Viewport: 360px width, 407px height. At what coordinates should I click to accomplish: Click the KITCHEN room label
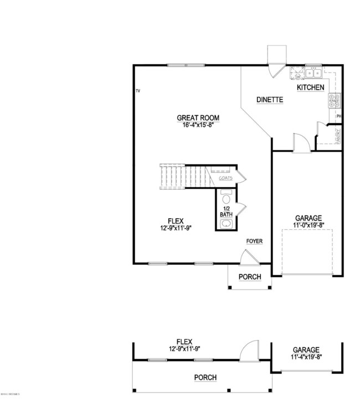(310, 87)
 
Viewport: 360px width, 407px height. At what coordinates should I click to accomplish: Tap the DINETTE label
(270, 100)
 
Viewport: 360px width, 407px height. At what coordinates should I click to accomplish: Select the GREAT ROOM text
(198, 117)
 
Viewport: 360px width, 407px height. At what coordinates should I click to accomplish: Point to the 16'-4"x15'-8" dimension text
(198, 125)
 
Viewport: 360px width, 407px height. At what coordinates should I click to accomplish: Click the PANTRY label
(338, 136)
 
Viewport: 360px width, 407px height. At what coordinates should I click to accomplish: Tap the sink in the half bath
(226, 224)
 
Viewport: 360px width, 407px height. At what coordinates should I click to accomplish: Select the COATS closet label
(225, 178)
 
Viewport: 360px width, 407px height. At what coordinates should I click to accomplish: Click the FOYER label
(254, 241)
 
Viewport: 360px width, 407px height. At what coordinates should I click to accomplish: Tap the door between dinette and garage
(299, 143)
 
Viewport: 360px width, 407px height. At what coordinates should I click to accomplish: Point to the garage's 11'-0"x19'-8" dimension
(308, 225)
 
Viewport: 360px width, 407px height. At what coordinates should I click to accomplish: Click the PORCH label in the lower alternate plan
(205, 378)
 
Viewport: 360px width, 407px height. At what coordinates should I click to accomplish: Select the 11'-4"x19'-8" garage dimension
(306, 357)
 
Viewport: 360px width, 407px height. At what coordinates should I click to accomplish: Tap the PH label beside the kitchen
(338, 116)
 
